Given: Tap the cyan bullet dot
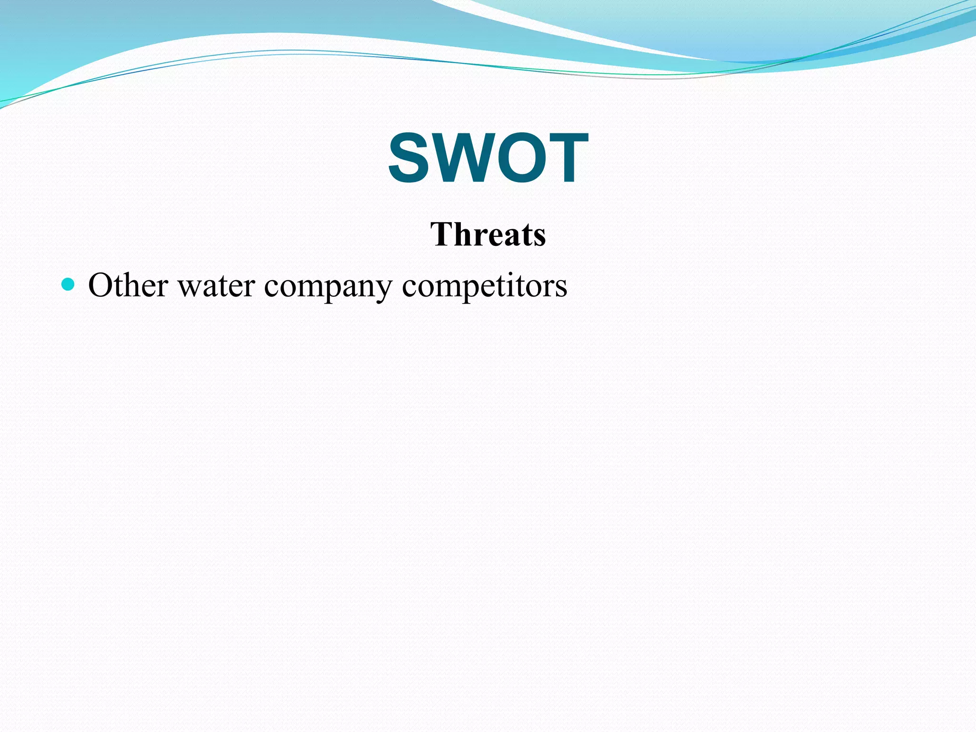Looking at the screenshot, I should [x=69, y=285].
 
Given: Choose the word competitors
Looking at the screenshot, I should [x=484, y=286].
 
